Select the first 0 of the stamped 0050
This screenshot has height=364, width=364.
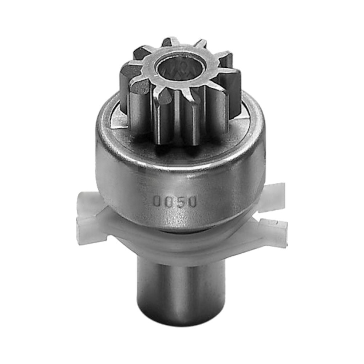tap(157, 201)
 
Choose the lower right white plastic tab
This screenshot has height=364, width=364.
tap(274, 232)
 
